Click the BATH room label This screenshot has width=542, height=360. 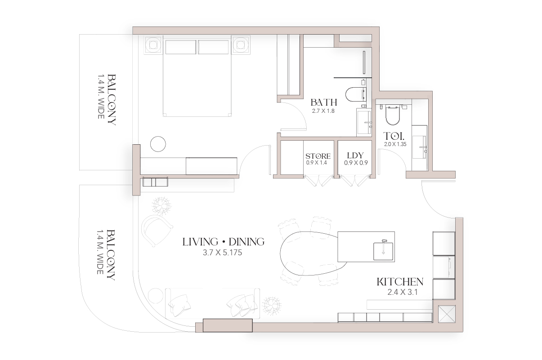point(324,102)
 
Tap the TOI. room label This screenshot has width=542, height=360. point(394,136)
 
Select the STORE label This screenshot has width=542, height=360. point(318,156)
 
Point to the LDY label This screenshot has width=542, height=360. point(355,155)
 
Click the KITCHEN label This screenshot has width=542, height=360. point(400,282)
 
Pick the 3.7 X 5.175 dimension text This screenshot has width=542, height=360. point(222,253)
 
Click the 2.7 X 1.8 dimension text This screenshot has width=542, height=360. point(323,111)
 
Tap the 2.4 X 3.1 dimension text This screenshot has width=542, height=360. point(403,292)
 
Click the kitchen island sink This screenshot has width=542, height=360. point(383,251)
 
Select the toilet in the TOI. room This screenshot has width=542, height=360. point(393,115)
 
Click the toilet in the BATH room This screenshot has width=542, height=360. point(356,94)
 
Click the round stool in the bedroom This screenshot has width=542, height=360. point(158,144)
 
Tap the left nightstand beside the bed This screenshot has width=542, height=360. point(153,45)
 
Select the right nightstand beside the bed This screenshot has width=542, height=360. point(241,45)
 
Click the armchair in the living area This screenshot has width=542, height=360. point(157,230)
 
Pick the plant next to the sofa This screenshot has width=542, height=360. point(272,306)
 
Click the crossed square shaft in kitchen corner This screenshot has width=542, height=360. point(447,314)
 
